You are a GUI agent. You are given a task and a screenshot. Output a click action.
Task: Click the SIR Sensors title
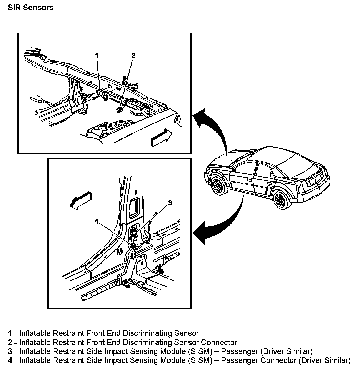31,8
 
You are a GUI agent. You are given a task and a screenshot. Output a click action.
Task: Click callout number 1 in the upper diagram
97,55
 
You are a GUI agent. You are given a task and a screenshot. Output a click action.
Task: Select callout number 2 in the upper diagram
133,56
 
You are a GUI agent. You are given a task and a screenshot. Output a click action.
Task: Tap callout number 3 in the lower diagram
170,203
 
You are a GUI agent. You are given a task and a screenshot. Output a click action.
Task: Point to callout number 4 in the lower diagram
97,221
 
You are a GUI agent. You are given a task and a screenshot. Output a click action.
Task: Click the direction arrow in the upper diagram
161,138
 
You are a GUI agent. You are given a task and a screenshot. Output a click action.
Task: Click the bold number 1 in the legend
10,333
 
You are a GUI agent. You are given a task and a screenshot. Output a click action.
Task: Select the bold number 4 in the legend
10,360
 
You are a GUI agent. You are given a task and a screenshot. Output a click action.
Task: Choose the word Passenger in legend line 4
239,360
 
